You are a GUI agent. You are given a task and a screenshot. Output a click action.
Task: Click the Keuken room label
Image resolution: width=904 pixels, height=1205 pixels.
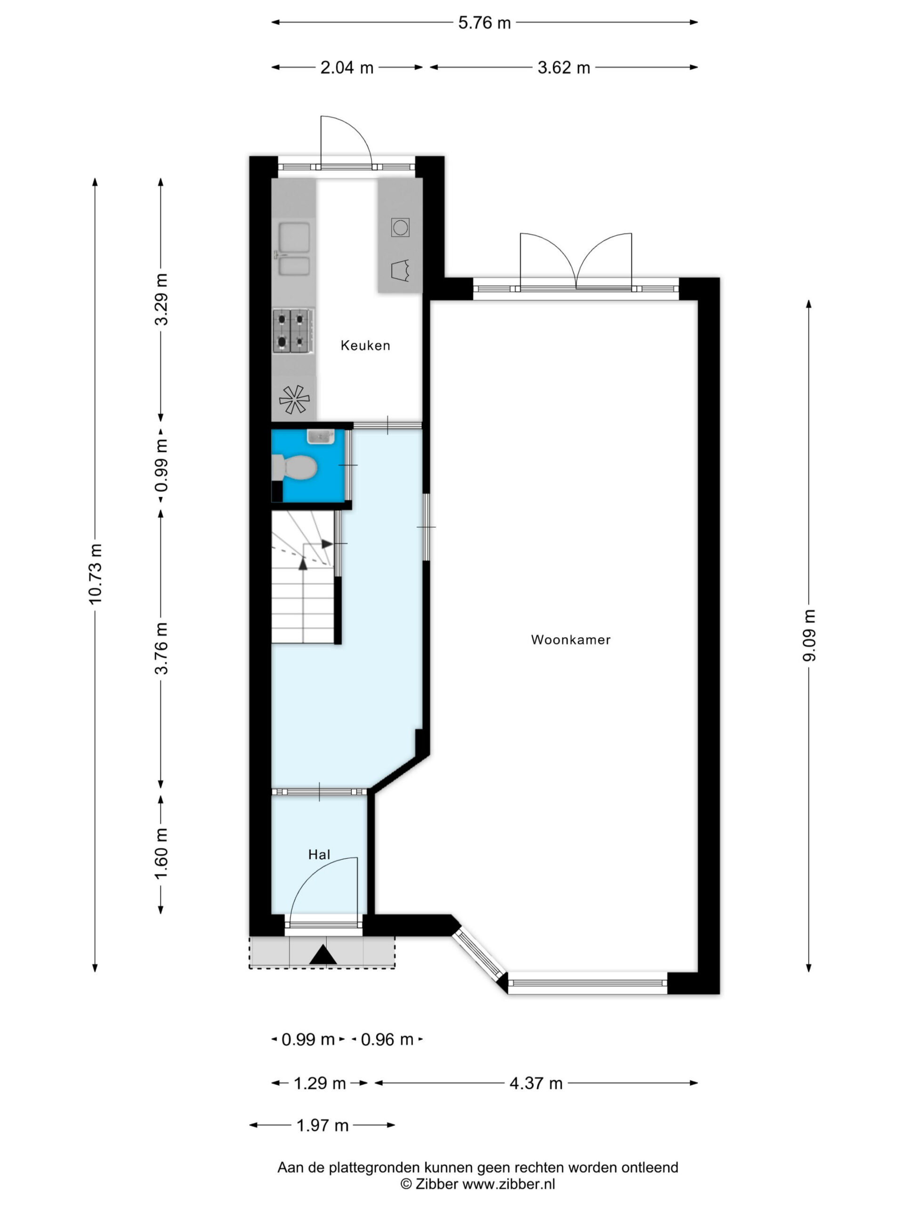click(365, 345)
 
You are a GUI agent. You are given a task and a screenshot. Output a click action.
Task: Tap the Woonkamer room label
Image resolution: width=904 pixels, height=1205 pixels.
click(571, 640)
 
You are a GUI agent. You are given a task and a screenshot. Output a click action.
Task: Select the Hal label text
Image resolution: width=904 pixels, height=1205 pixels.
click(319, 854)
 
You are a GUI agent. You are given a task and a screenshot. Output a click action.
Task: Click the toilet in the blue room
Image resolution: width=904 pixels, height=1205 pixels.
click(294, 467)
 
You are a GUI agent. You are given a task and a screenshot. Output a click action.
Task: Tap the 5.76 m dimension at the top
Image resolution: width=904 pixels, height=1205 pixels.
click(484, 23)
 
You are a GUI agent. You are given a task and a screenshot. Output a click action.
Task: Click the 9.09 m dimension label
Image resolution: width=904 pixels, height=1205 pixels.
click(809, 635)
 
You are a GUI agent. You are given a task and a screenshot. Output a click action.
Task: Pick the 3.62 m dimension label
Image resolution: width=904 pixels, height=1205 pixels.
click(564, 68)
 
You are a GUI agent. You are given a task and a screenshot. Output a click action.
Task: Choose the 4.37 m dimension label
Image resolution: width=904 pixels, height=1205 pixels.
click(536, 1083)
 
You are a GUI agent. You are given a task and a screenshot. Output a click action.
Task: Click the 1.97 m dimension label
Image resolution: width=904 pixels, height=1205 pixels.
click(322, 1125)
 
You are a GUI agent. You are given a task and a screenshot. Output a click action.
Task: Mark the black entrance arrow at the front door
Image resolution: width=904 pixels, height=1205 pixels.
click(323, 955)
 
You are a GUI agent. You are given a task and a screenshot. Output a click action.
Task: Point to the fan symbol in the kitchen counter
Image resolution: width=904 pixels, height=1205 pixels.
click(294, 399)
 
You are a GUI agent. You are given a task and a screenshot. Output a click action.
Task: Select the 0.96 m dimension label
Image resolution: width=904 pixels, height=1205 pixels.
click(387, 1039)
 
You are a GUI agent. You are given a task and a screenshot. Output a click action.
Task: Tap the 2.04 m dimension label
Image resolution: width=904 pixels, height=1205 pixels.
click(347, 68)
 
